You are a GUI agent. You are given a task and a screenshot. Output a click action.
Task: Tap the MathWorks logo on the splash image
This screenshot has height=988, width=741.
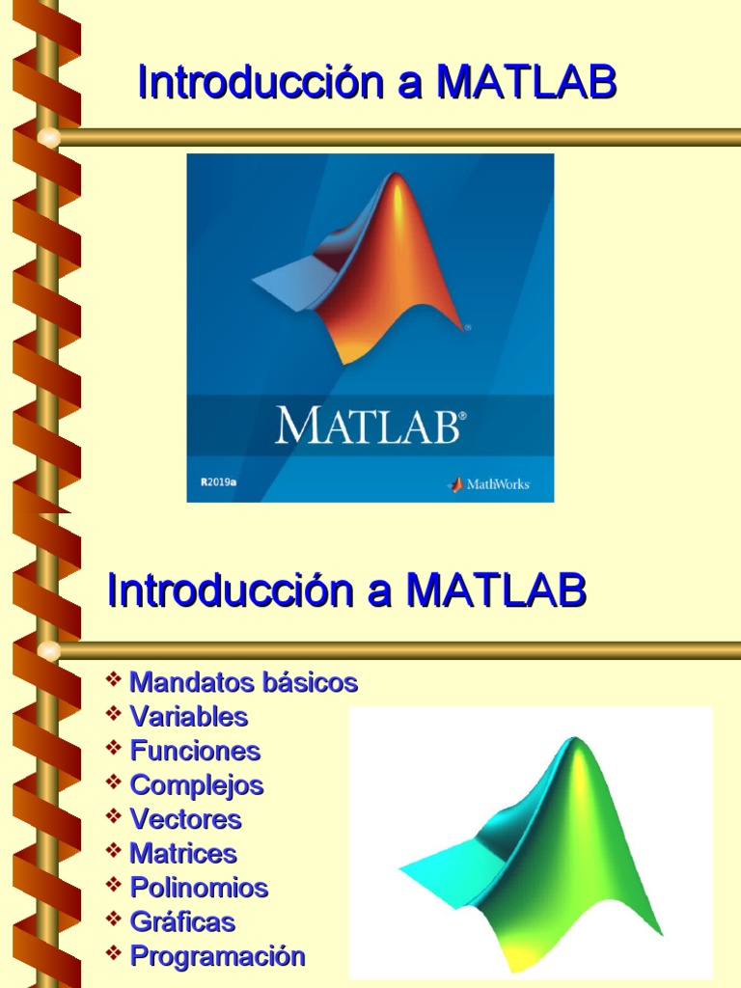[489, 484]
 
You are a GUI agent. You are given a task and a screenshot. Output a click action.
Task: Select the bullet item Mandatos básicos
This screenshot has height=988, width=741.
[243, 683]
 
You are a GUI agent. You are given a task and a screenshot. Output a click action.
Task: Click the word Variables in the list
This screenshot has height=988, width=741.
[189, 717]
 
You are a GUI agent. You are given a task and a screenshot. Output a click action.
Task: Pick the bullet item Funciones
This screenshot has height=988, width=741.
[195, 751]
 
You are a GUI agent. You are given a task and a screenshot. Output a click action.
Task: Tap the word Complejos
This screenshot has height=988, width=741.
[197, 785]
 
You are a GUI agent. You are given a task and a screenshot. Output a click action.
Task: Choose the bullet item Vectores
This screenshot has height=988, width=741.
[185, 820]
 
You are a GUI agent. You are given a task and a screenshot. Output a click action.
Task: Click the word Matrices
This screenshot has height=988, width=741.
[183, 854]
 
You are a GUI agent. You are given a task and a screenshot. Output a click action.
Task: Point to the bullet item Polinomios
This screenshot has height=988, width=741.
[199, 888]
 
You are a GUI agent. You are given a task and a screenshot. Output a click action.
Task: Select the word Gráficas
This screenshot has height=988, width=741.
[182, 922]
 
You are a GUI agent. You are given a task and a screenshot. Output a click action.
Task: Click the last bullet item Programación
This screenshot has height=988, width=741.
[217, 956]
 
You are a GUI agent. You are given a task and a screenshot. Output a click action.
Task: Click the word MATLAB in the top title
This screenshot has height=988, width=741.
[526, 83]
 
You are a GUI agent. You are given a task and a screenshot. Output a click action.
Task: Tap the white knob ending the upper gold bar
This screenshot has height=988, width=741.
[48, 138]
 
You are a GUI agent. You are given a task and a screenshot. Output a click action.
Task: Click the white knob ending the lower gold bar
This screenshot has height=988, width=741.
[48, 651]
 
